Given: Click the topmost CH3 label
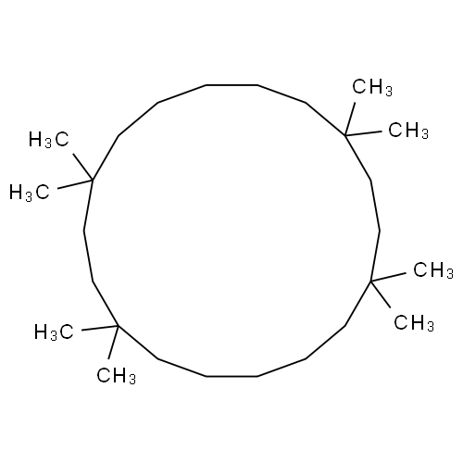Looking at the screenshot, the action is coord(372,88).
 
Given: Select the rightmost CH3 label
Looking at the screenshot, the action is coord(433,270).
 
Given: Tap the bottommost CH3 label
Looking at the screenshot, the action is coord(116,376).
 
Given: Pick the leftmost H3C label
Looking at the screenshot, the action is coord(30,193).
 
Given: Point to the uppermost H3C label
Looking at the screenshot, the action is coord(48,140).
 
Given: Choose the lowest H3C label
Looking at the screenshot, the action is coord(54,332).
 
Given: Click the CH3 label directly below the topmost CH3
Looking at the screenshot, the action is coord(408,131).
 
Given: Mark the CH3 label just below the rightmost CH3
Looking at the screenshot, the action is coord(414,323).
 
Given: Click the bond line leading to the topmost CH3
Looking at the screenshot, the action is coord(350,119).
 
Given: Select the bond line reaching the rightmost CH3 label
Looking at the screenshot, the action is coord(388,277).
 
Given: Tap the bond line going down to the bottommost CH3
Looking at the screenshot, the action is coord(113,342).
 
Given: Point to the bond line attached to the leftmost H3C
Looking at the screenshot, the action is coord(75,184).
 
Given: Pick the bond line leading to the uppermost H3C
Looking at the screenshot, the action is coord(83,167).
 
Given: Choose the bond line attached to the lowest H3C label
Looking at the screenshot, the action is coord(100,328).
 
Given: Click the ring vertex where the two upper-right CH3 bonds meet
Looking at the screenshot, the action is coord(344,135).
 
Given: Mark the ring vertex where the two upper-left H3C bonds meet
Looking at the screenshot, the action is coord(93,180).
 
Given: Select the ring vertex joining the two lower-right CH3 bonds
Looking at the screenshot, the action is coord(370,281).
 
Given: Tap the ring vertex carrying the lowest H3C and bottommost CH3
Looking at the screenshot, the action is coord(119,326).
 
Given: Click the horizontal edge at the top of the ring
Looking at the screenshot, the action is coord(231,85).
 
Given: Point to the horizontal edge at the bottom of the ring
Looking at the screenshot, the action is coord(231,376).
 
